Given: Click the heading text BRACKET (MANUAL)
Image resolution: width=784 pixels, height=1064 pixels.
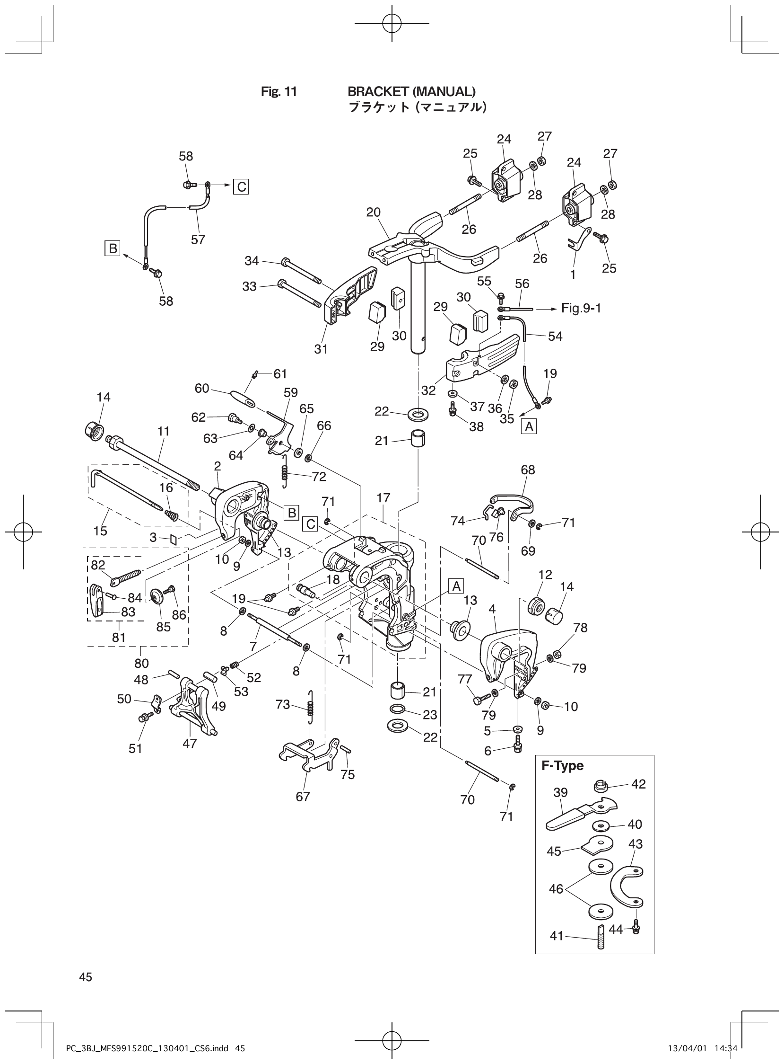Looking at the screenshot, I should [x=411, y=91].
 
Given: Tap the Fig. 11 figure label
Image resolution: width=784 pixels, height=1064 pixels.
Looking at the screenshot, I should [x=279, y=92].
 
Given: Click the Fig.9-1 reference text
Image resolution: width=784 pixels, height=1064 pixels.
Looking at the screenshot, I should [x=581, y=308].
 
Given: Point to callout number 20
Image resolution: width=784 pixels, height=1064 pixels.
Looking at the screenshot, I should [x=373, y=213].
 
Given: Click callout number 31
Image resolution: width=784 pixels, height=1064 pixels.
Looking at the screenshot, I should [x=321, y=349].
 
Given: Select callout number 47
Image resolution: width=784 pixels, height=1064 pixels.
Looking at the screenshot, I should [x=189, y=744].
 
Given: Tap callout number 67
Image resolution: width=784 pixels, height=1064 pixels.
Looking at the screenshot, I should [x=303, y=796].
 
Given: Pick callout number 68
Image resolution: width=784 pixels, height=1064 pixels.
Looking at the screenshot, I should [x=528, y=470].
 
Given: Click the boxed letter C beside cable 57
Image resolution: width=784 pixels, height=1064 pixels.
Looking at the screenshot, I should [x=241, y=187].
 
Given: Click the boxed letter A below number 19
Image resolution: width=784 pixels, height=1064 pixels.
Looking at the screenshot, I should [x=529, y=427].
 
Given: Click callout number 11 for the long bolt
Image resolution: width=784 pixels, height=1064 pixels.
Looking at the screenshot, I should [x=163, y=432].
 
